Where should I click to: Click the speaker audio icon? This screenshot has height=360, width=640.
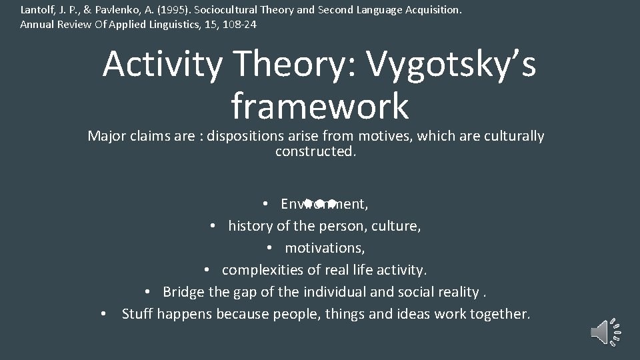tap(605, 331)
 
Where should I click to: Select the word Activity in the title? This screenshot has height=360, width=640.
tap(162, 65)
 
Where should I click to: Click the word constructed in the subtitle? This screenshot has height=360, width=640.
tap(315, 151)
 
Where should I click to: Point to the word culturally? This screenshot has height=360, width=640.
tap(511, 137)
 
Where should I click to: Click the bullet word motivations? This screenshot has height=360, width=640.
tap(324, 248)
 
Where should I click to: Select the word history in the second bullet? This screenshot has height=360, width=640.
tap(250, 226)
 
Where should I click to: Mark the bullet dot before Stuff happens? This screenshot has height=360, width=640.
tap(104, 314)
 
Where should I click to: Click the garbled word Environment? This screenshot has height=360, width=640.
tap(324, 203)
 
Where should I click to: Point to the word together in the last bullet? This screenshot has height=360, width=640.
tap(495, 314)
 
